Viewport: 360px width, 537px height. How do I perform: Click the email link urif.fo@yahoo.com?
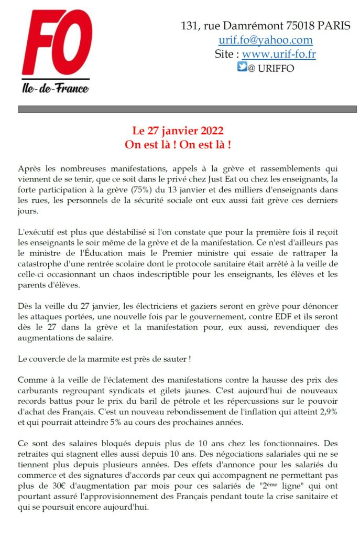coord(265,40)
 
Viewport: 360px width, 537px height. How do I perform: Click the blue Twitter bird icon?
coord(242,67)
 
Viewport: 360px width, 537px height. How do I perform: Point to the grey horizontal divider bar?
coord(187,109)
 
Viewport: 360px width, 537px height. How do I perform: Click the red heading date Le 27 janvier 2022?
coord(180,131)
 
